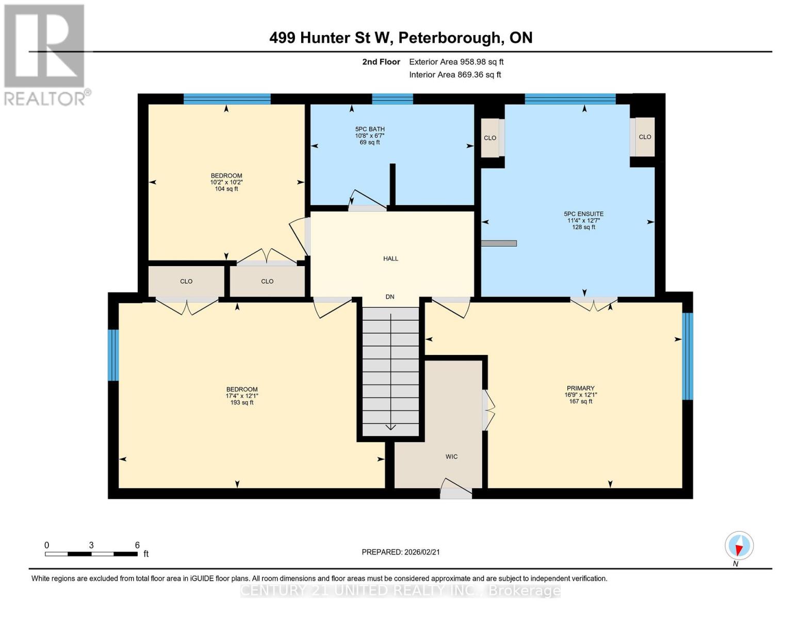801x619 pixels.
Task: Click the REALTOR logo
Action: click(x=45, y=54)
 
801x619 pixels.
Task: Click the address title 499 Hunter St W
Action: click(x=400, y=38)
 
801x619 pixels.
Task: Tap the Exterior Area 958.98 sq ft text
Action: click(x=456, y=62)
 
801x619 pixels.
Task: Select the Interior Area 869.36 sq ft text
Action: click(x=455, y=75)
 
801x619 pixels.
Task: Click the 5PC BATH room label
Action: click(x=370, y=129)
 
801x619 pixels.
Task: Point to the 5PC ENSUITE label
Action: click(x=583, y=214)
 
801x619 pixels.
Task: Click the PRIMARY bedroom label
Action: click(x=580, y=388)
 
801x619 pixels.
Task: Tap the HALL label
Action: click(x=390, y=258)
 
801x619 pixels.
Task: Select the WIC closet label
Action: click(x=451, y=457)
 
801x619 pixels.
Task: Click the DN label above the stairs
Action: click(x=390, y=297)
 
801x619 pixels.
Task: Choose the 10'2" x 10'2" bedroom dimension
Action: click(x=226, y=182)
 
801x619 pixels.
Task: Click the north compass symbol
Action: click(x=739, y=546)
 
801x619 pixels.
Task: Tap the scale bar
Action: click(x=91, y=554)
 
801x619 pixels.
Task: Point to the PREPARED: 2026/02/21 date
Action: click(x=400, y=552)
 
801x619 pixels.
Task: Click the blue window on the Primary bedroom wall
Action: click(x=687, y=356)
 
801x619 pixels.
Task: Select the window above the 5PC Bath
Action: click(x=392, y=99)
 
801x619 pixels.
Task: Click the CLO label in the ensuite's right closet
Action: click(x=645, y=137)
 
